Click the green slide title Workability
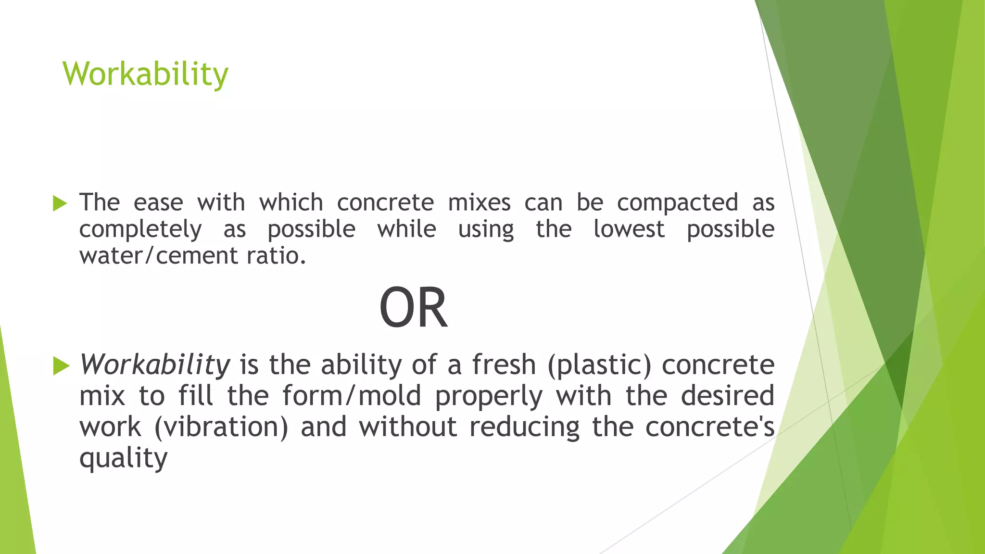[145, 74]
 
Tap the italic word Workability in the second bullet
[155, 365]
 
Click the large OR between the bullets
[413, 308]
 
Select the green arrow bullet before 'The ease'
[60, 203]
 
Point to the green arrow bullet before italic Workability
[61, 366]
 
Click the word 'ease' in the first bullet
[158, 202]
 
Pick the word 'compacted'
[677, 202]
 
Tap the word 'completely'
[140, 229]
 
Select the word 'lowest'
[629, 229]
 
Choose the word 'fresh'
[504, 365]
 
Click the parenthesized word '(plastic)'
[599, 365]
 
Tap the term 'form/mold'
[352, 396]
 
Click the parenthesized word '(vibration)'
[221, 427]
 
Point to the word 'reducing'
[525, 427]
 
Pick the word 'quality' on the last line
[123, 458]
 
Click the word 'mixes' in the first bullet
[479, 202]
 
